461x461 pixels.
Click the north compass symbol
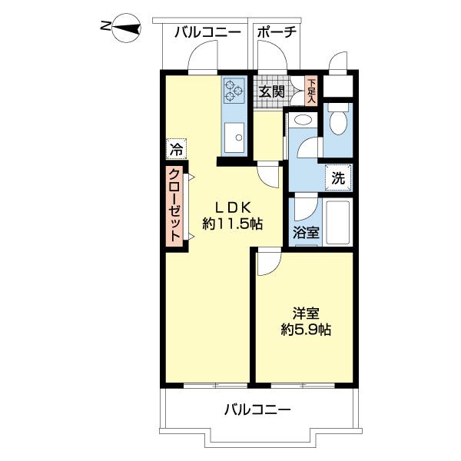pyautogui.click(x=124, y=29)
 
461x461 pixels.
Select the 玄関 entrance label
pyautogui.click(x=271, y=91)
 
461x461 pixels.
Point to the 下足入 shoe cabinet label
pyautogui.click(x=311, y=91)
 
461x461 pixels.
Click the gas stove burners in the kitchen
pyautogui.click(x=234, y=91)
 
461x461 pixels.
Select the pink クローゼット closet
pyautogui.click(x=176, y=206)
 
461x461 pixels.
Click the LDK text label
pyautogui.click(x=233, y=206)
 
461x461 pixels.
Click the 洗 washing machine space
pyautogui.click(x=338, y=177)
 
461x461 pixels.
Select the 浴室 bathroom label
pyautogui.click(x=307, y=232)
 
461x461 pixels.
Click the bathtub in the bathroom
pyautogui.click(x=337, y=221)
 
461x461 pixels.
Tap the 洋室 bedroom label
pyautogui.click(x=305, y=313)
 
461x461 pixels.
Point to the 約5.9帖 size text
pyautogui.click(x=305, y=331)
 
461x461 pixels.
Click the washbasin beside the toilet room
pyautogui.click(x=303, y=121)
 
